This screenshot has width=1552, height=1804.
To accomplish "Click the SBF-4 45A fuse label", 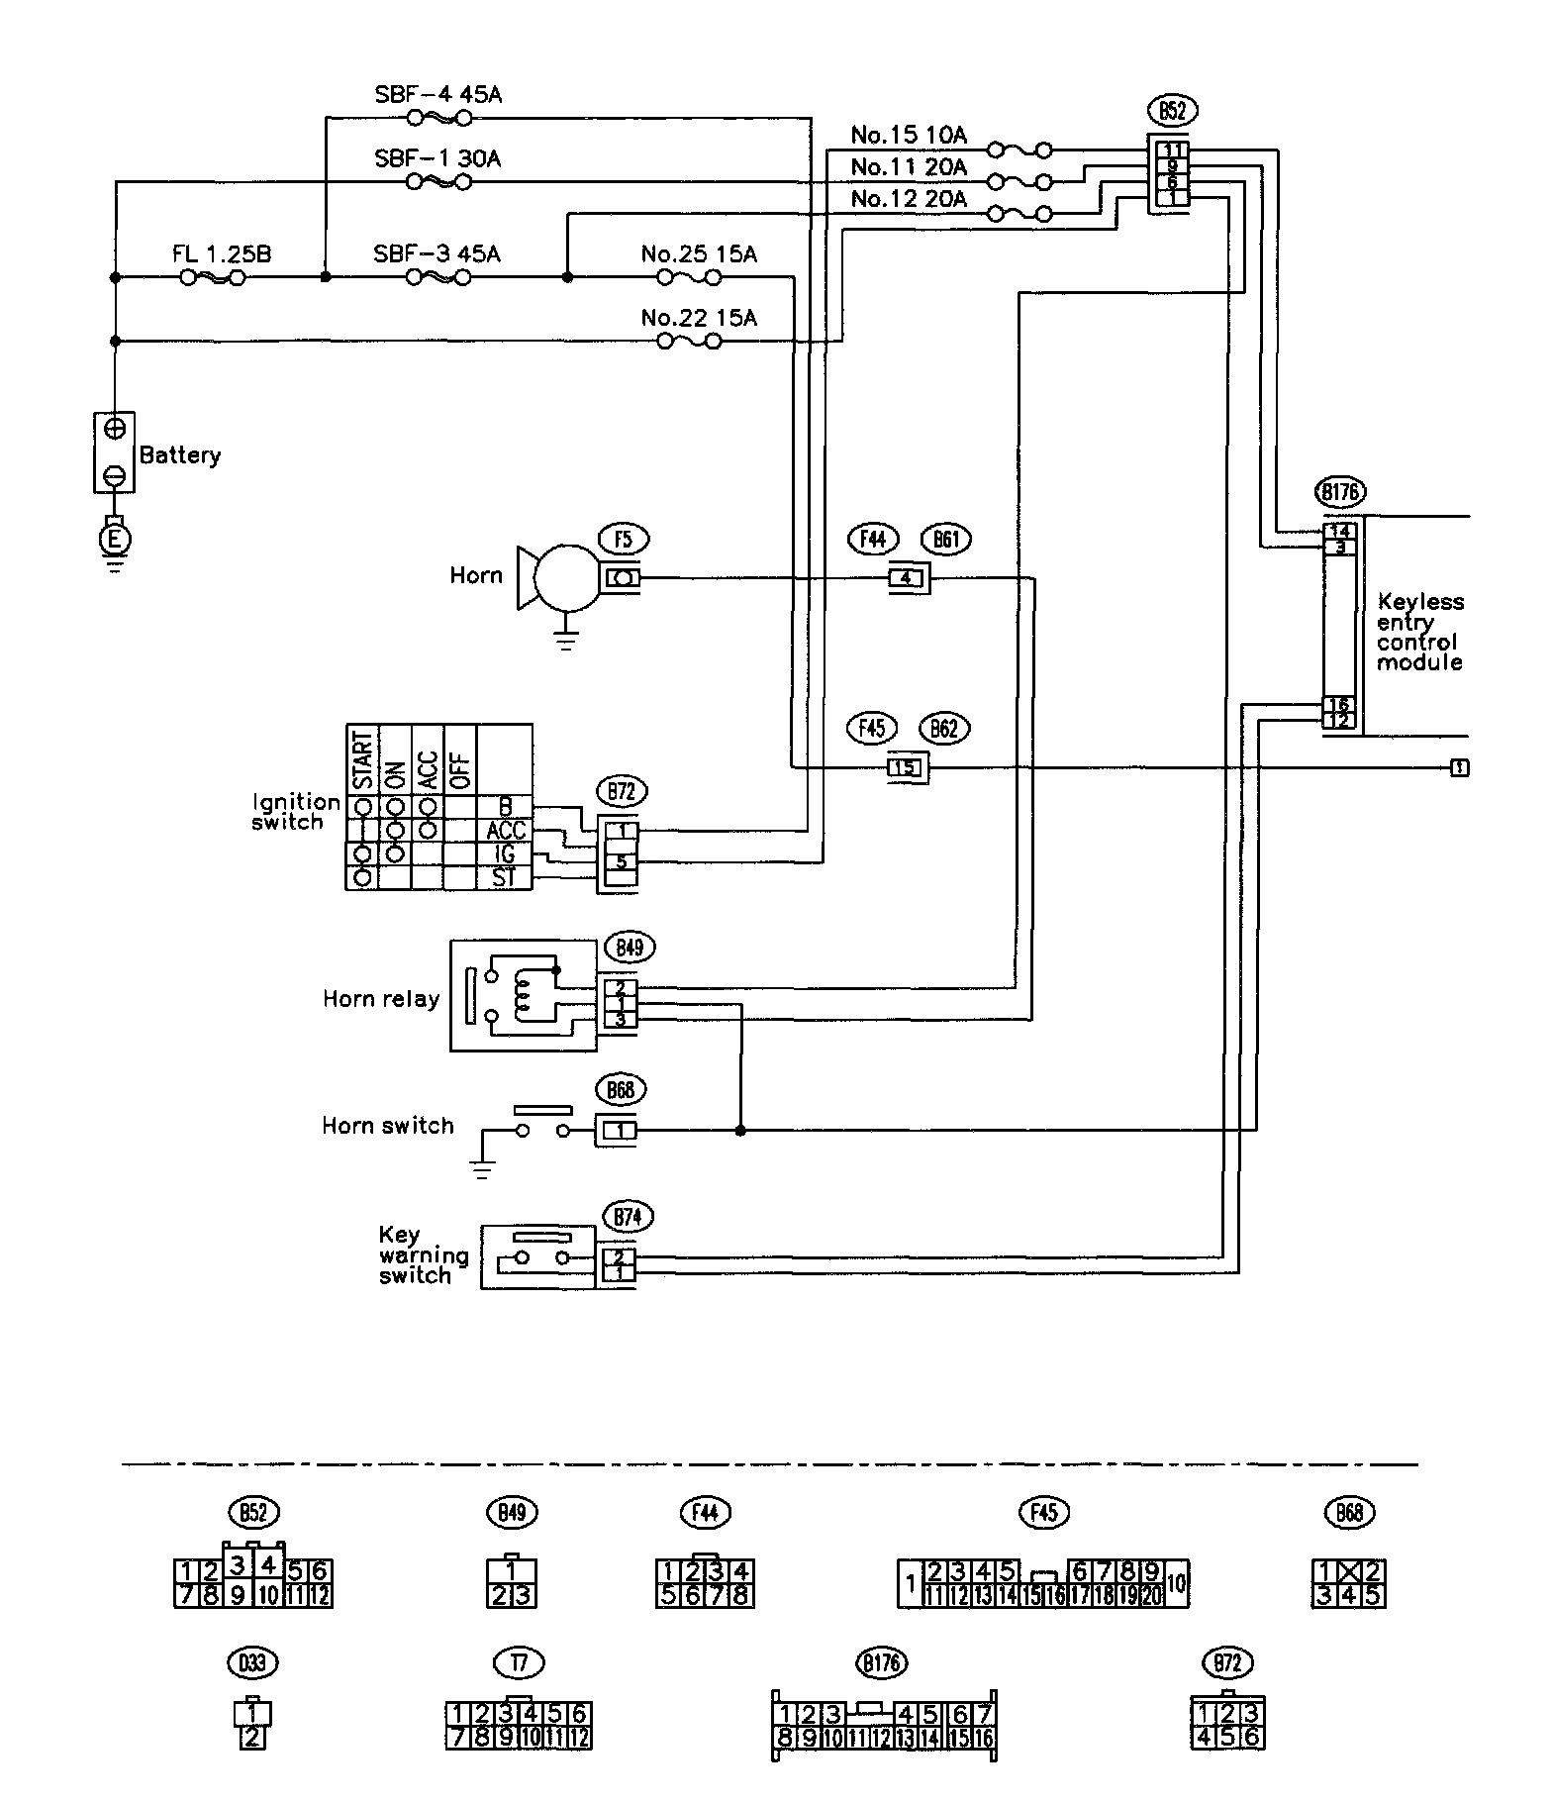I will click(x=437, y=95).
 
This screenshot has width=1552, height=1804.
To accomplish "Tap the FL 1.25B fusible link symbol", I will click(x=212, y=278).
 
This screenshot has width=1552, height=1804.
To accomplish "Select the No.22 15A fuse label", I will click(x=699, y=318).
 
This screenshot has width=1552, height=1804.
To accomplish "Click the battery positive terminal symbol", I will click(x=115, y=429).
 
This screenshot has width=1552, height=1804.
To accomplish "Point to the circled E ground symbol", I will click(x=115, y=540).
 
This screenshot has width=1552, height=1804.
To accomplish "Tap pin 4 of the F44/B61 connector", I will click(x=906, y=578).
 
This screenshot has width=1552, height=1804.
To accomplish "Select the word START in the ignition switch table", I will click(x=362, y=760).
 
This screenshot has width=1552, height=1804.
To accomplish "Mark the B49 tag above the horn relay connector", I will click(x=630, y=948).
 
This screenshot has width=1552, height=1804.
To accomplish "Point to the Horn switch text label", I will click(x=387, y=1126).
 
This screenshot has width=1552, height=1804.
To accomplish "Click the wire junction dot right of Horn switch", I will click(x=740, y=1130).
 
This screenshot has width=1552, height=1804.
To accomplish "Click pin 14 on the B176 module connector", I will click(x=1339, y=532).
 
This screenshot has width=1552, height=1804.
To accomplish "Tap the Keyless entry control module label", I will click(x=1419, y=632).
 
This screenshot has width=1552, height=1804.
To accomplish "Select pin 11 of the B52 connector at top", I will click(x=1172, y=150).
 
